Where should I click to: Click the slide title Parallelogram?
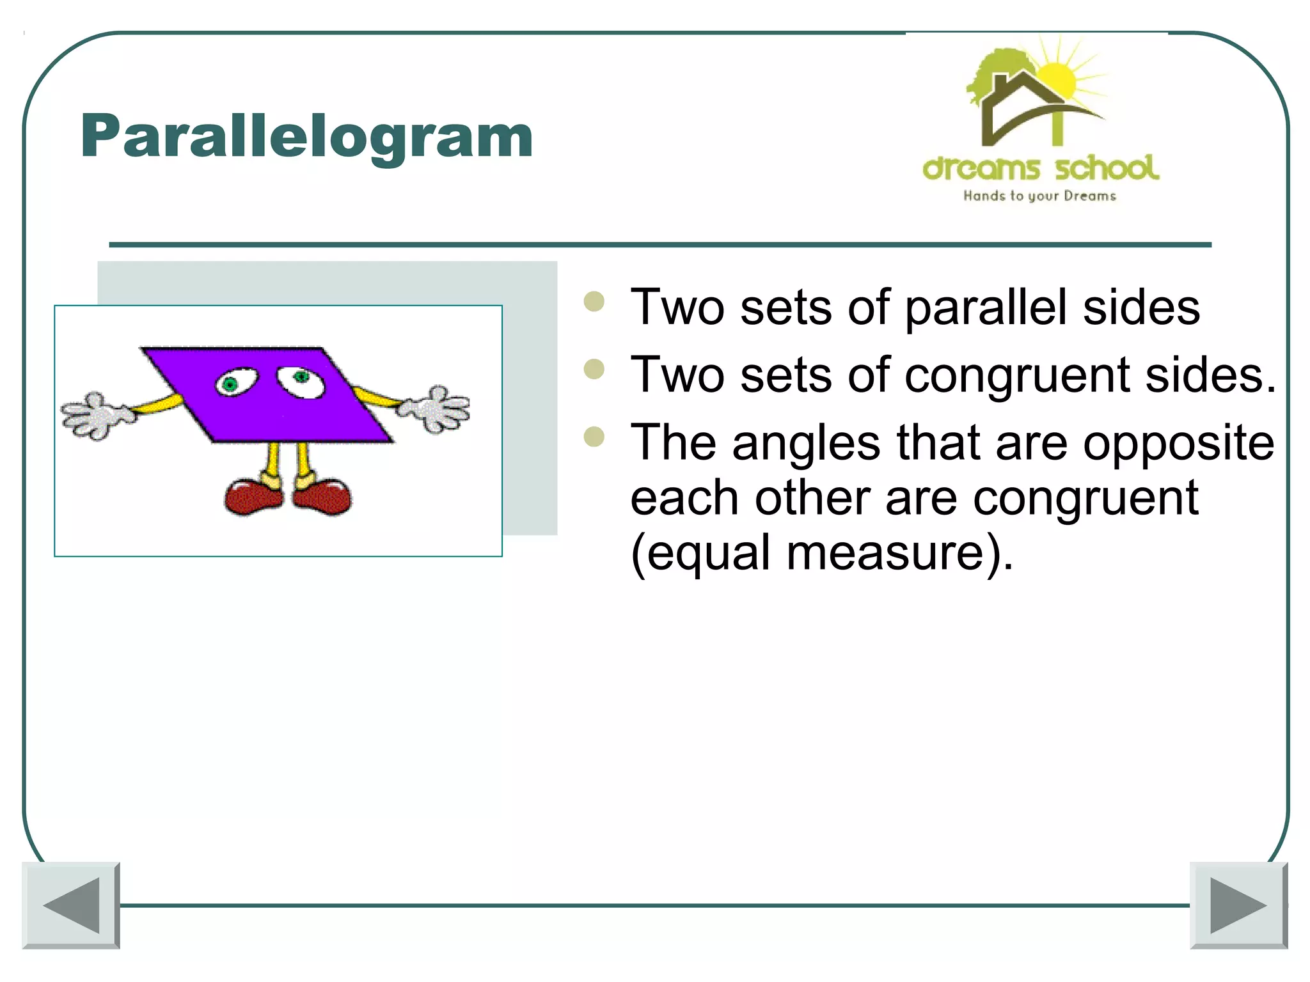(306, 136)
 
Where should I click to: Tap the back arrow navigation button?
(71, 905)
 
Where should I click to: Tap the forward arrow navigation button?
(1238, 905)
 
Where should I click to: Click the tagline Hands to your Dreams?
(1039, 196)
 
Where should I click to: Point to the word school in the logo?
(1107, 168)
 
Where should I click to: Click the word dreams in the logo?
(981, 169)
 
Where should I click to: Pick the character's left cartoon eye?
(235, 383)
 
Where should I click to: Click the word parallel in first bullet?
(986, 308)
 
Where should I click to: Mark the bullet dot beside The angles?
(594, 437)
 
